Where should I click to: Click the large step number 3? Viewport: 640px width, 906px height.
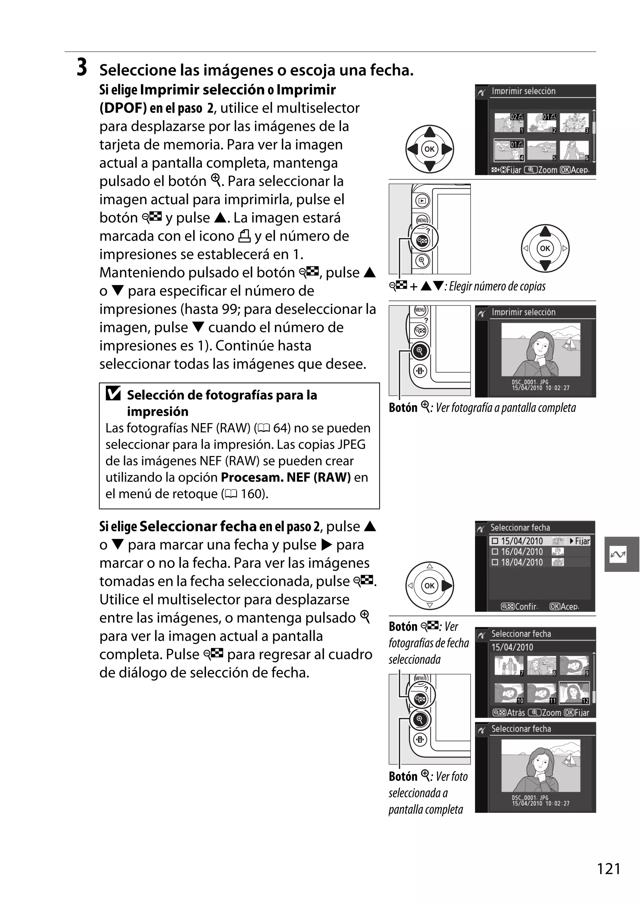(x=82, y=67)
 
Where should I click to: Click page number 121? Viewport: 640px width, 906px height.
(x=608, y=869)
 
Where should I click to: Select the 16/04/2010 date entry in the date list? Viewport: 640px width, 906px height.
(x=522, y=552)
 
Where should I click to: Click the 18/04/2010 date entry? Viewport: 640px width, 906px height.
(x=522, y=562)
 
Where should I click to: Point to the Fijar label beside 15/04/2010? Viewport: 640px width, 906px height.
(x=582, y=541)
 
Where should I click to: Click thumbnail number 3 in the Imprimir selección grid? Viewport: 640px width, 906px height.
(x=574, y=123)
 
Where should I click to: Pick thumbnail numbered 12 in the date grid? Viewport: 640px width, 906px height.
(x=574, y=693)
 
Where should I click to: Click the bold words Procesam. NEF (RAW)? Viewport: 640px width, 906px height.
(x=285, y=478)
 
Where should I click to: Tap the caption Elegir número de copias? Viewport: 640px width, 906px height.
(x=497, y=286)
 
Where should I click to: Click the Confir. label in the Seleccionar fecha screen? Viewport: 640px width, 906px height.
(x=526, y=606)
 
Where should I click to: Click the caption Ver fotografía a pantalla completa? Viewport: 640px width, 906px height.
(x=505, y=408)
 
